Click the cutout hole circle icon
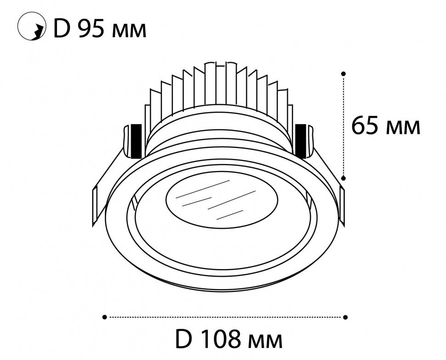(x=32, y=26)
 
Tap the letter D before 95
(x=62, y=29)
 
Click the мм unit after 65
(x=403, y=128)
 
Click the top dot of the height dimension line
(x=343, y=74)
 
